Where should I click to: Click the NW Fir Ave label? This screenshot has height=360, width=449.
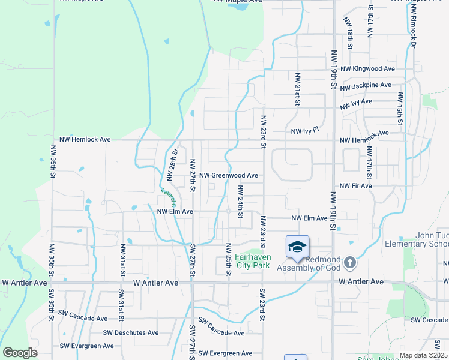355,186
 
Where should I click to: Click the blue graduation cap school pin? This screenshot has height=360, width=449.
297,247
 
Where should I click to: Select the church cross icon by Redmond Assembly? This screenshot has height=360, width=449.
350,263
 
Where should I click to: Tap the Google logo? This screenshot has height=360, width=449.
20,352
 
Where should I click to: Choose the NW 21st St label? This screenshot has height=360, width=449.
297,89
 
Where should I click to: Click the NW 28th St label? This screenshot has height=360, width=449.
172,162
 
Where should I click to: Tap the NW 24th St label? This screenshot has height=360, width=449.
240,202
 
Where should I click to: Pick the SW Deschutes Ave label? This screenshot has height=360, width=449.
131,332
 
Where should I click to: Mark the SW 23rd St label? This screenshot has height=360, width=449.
262,305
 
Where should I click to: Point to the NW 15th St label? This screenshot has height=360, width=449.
399,106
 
